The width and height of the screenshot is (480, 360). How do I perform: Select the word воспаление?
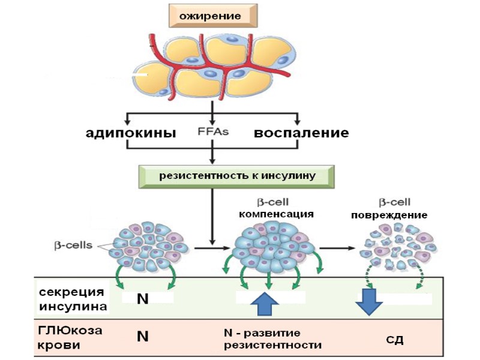(301, 133)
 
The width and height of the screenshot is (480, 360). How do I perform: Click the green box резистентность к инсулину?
(236, 176)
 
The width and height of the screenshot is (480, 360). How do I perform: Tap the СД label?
(394, 340)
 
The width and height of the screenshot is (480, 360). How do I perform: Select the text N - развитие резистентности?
(272, 339)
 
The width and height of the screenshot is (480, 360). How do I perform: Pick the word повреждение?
(390, 215)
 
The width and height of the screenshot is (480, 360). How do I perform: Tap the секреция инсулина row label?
(73, 299)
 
